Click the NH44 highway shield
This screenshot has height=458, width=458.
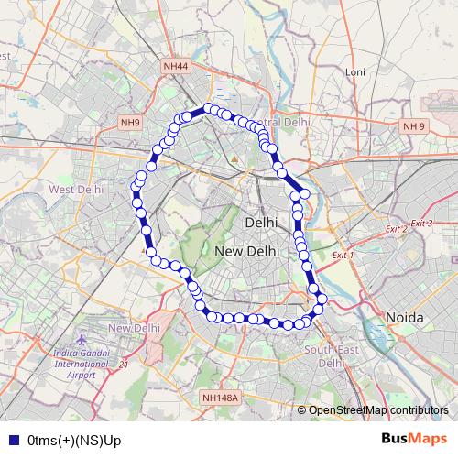coord(175,66)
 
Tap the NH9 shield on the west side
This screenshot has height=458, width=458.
coord(131,122)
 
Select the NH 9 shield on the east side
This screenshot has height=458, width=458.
coord(414,125)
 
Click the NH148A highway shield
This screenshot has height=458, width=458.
coord(220,398)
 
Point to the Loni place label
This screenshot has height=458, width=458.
coord(354,71)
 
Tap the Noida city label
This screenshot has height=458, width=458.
coord(405,317)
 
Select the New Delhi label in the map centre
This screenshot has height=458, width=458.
coord(246,251)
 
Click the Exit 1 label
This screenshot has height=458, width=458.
coord(343,255)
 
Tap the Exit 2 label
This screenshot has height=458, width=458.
coord(396,229)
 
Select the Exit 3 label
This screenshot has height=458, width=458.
coord(421,224)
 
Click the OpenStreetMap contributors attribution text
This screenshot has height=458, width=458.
coord(378,410)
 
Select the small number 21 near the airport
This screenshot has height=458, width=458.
coord(124,364)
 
